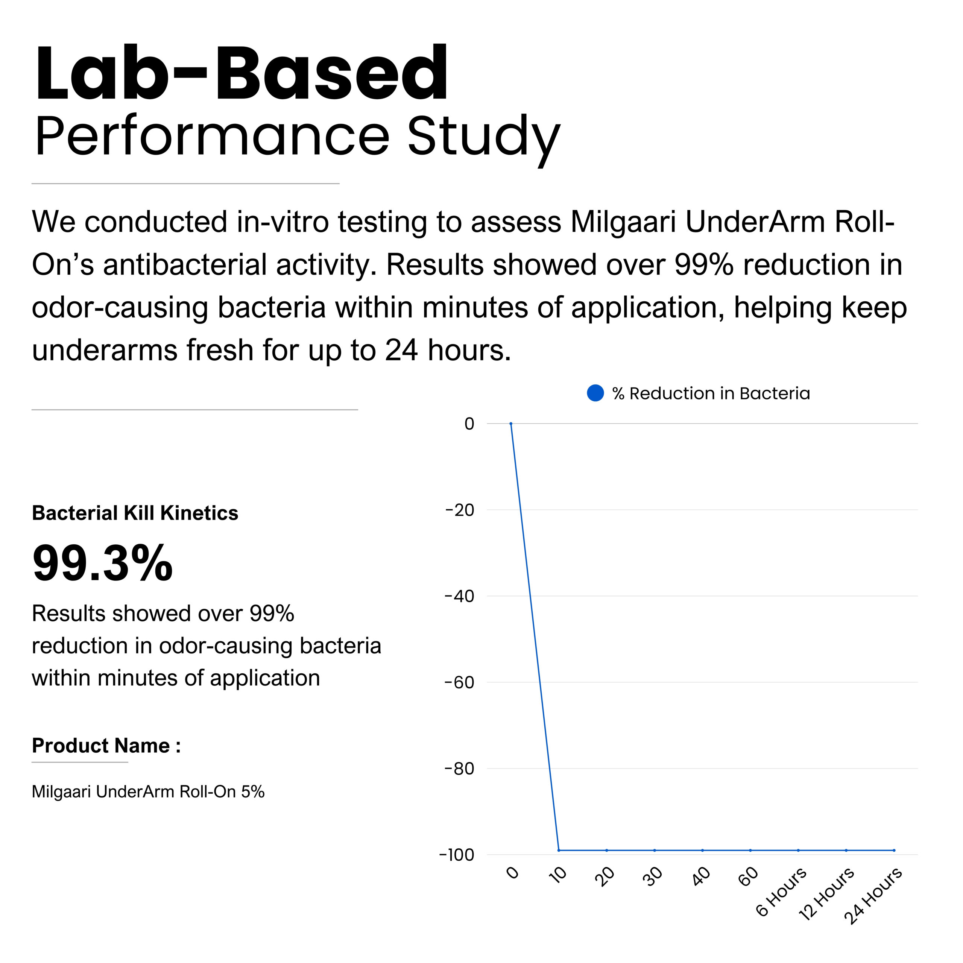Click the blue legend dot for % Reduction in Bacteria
click(x=595, y=393)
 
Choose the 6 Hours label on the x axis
click(x=781, y=892)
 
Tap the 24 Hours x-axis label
click(x=873, y=896)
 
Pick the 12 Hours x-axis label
click(x=826, y=894)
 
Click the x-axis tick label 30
click(x=652, y=877)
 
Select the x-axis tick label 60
click(x=748, y=877)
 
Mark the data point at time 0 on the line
click(x=511, y=424)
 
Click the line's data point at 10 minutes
click(x=559, y=851)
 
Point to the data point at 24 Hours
click(x=894, y=851)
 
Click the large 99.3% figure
click(x=102, y=563)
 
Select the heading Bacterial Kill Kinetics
click(x=135, y=513)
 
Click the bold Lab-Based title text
click(x=242, y=73)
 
